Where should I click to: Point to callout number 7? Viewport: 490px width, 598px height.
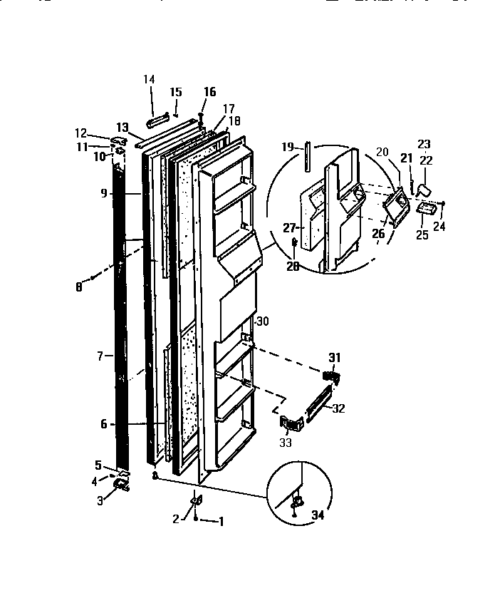click(x=102, y=354)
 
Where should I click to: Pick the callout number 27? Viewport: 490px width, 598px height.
click(x=289, y=229)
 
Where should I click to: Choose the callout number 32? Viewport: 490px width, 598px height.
click(x=338, y=409)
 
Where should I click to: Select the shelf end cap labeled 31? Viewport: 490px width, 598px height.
click(x=331, y=375)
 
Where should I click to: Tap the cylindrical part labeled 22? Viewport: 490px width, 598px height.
click(x=424, y=188)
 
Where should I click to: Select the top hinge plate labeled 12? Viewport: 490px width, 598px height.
click(x=119, y=139)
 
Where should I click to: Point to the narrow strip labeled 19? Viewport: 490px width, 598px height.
click(x=307, y=156)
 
